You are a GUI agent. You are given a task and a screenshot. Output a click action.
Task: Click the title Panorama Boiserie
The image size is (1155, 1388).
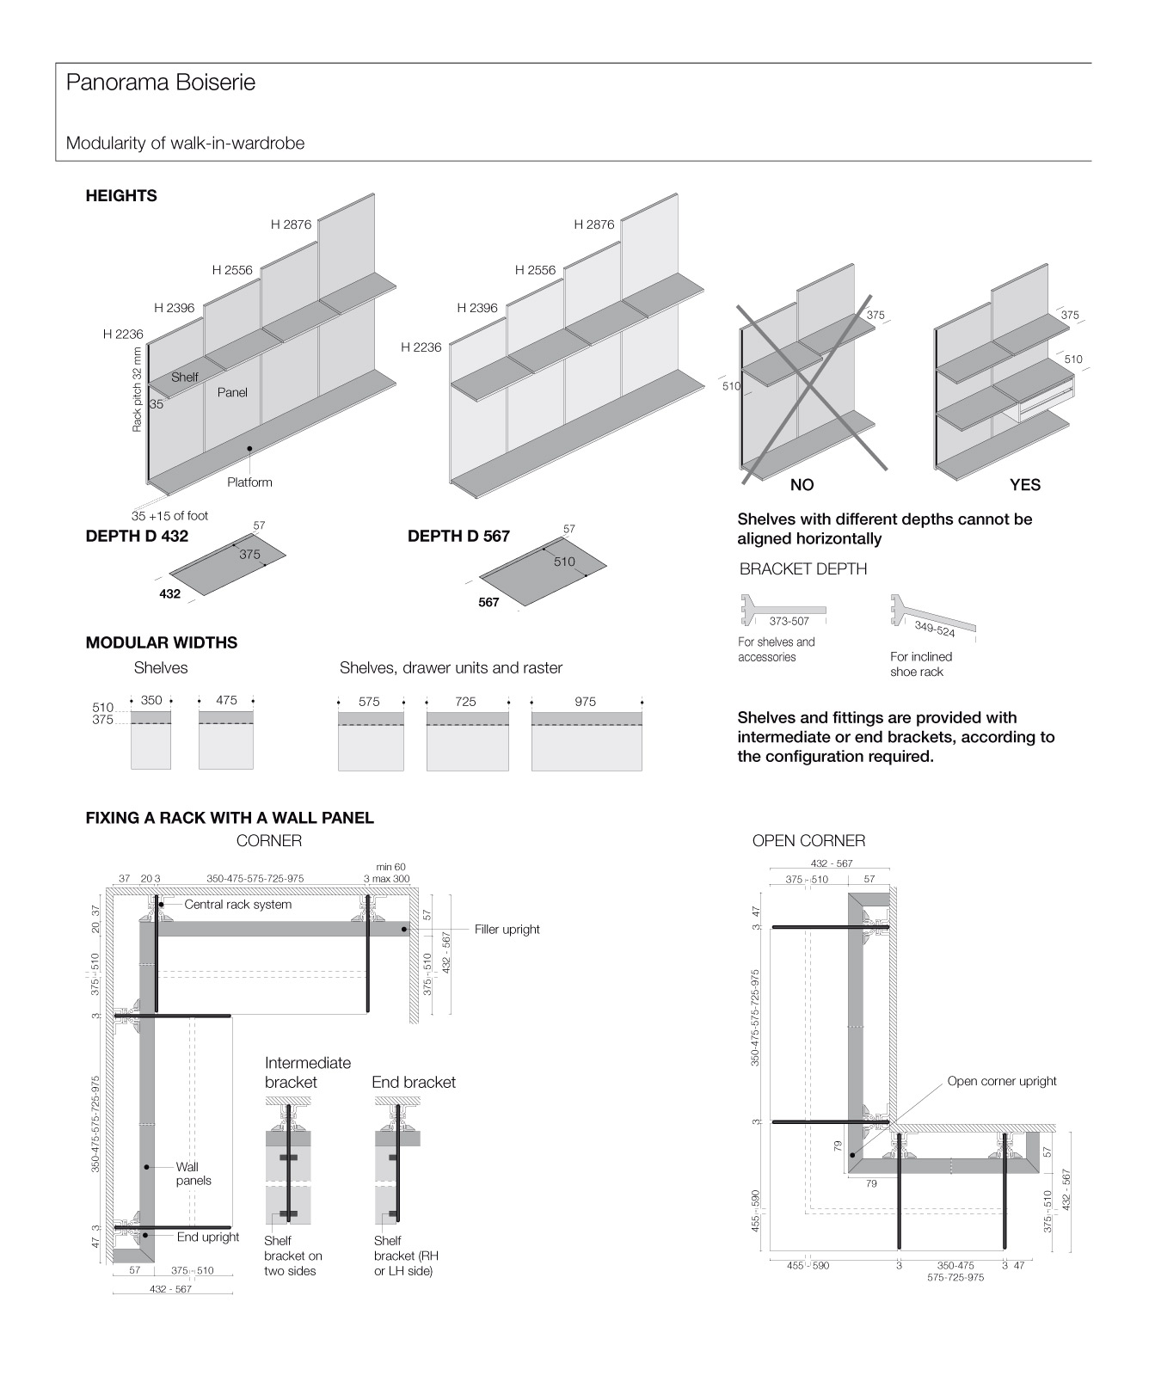pyautogui.click(x=161, y=83)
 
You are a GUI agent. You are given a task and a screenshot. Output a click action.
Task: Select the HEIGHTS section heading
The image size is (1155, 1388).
pyautogui.click(x=121, y=196)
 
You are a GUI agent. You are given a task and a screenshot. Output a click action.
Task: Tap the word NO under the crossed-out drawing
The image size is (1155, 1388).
pyautogui.click(x=802, y=485)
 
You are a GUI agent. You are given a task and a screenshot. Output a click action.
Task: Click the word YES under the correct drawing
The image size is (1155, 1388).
pyautogui.click(x=1025, y=485)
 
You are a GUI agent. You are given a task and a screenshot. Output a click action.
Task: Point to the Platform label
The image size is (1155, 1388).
pyautogui.click(x=249, y=482)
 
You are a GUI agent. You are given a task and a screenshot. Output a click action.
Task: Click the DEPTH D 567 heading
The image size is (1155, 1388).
pyautogui.click(x=458, y=537)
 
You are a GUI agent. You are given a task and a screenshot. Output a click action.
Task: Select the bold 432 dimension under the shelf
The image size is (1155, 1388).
pyautogui.click(x=170, y=593)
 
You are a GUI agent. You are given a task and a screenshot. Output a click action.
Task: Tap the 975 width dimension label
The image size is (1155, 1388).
pyautogui.click(x=585, y=702)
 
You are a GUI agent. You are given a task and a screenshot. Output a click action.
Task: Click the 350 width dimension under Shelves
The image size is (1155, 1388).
pyautogui.click(x=151, y=701)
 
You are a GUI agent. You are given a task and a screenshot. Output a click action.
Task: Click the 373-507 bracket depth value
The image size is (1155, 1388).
pyautogui.click(x=789, y=621)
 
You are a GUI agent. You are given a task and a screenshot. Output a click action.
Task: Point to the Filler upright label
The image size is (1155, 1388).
pyautogui.click(x=507, y=930)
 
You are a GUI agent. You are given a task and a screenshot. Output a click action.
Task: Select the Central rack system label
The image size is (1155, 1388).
pyautogui.click(x=237, y=905)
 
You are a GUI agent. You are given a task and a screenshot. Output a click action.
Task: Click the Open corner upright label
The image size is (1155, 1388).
pyautogui.click(x=1002, y=1081)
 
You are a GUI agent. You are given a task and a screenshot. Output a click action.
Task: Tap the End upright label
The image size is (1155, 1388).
pyautogui.click(x=208, y=1237)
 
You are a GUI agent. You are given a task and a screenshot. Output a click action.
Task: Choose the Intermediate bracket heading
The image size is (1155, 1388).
pyautogui.click(x=308, y=1072)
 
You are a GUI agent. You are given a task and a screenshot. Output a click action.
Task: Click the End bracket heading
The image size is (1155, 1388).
pyautogui.click(x=414, y=1083)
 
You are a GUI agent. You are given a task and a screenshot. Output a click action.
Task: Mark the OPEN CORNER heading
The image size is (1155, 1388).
pyautogui.click(x=808, y=841)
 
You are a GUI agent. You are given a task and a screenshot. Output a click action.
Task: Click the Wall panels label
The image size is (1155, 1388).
pyautogui.click(x=194, y=1174)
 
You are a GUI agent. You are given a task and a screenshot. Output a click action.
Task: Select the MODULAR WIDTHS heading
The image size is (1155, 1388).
pyautogui.click(x=162, y=643)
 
